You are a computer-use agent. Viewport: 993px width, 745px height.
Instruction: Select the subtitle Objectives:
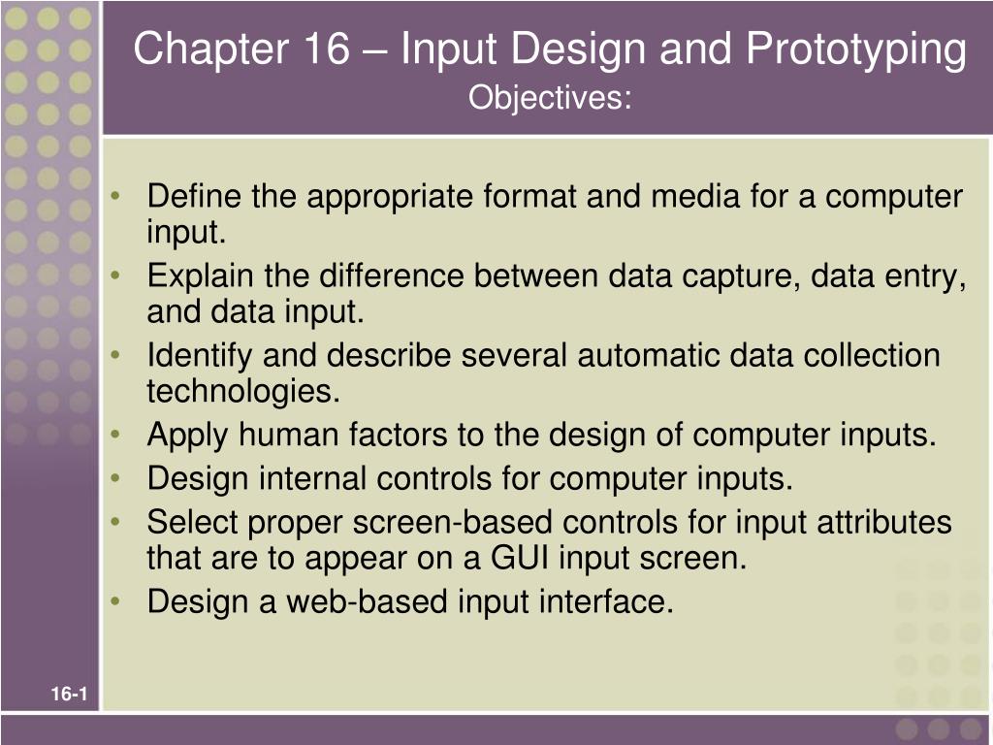[x=549, y=97]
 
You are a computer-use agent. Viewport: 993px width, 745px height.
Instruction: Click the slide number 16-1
[x=70, y=694]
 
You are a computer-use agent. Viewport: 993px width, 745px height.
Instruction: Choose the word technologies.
[x=244, y=392]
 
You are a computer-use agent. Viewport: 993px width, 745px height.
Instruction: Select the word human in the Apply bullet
[x=283, y=436]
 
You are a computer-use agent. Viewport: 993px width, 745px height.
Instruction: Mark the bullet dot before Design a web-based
[x=115, y=602]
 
